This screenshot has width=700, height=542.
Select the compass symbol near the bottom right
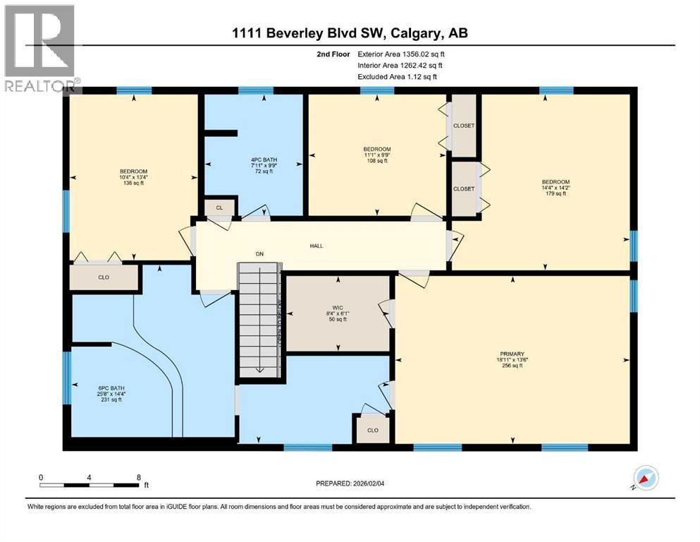[x=646, y=478]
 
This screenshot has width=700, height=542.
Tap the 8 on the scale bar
[x=139, y=477]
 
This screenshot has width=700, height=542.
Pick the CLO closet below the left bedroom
[x=104, y=277]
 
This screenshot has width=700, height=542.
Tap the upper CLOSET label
[x=464, y=126]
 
